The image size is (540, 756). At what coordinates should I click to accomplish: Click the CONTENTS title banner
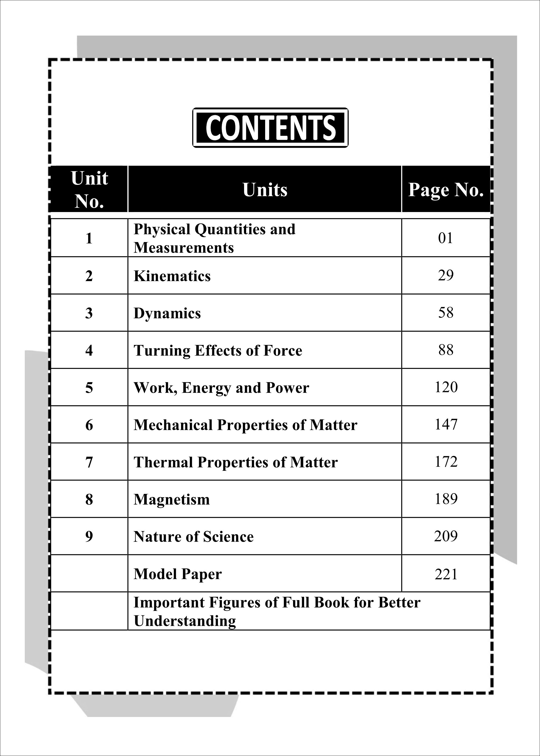[270, 128]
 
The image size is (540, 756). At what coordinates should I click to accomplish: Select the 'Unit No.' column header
[89, 190]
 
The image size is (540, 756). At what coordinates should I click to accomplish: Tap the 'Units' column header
[265, 190]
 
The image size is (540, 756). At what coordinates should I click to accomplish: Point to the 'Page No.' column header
[446, 190]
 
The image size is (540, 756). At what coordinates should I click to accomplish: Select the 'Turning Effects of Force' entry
[218, 350]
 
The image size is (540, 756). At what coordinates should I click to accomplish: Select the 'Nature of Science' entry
[193, 537]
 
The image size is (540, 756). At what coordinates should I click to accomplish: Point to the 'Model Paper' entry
[178, 574]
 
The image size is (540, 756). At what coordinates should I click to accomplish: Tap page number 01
[446, 238]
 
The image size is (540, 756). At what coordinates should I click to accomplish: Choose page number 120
[446, 387]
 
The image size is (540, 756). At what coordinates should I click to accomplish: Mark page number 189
[446, 499]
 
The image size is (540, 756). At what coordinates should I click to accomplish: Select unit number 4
[89, 350]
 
